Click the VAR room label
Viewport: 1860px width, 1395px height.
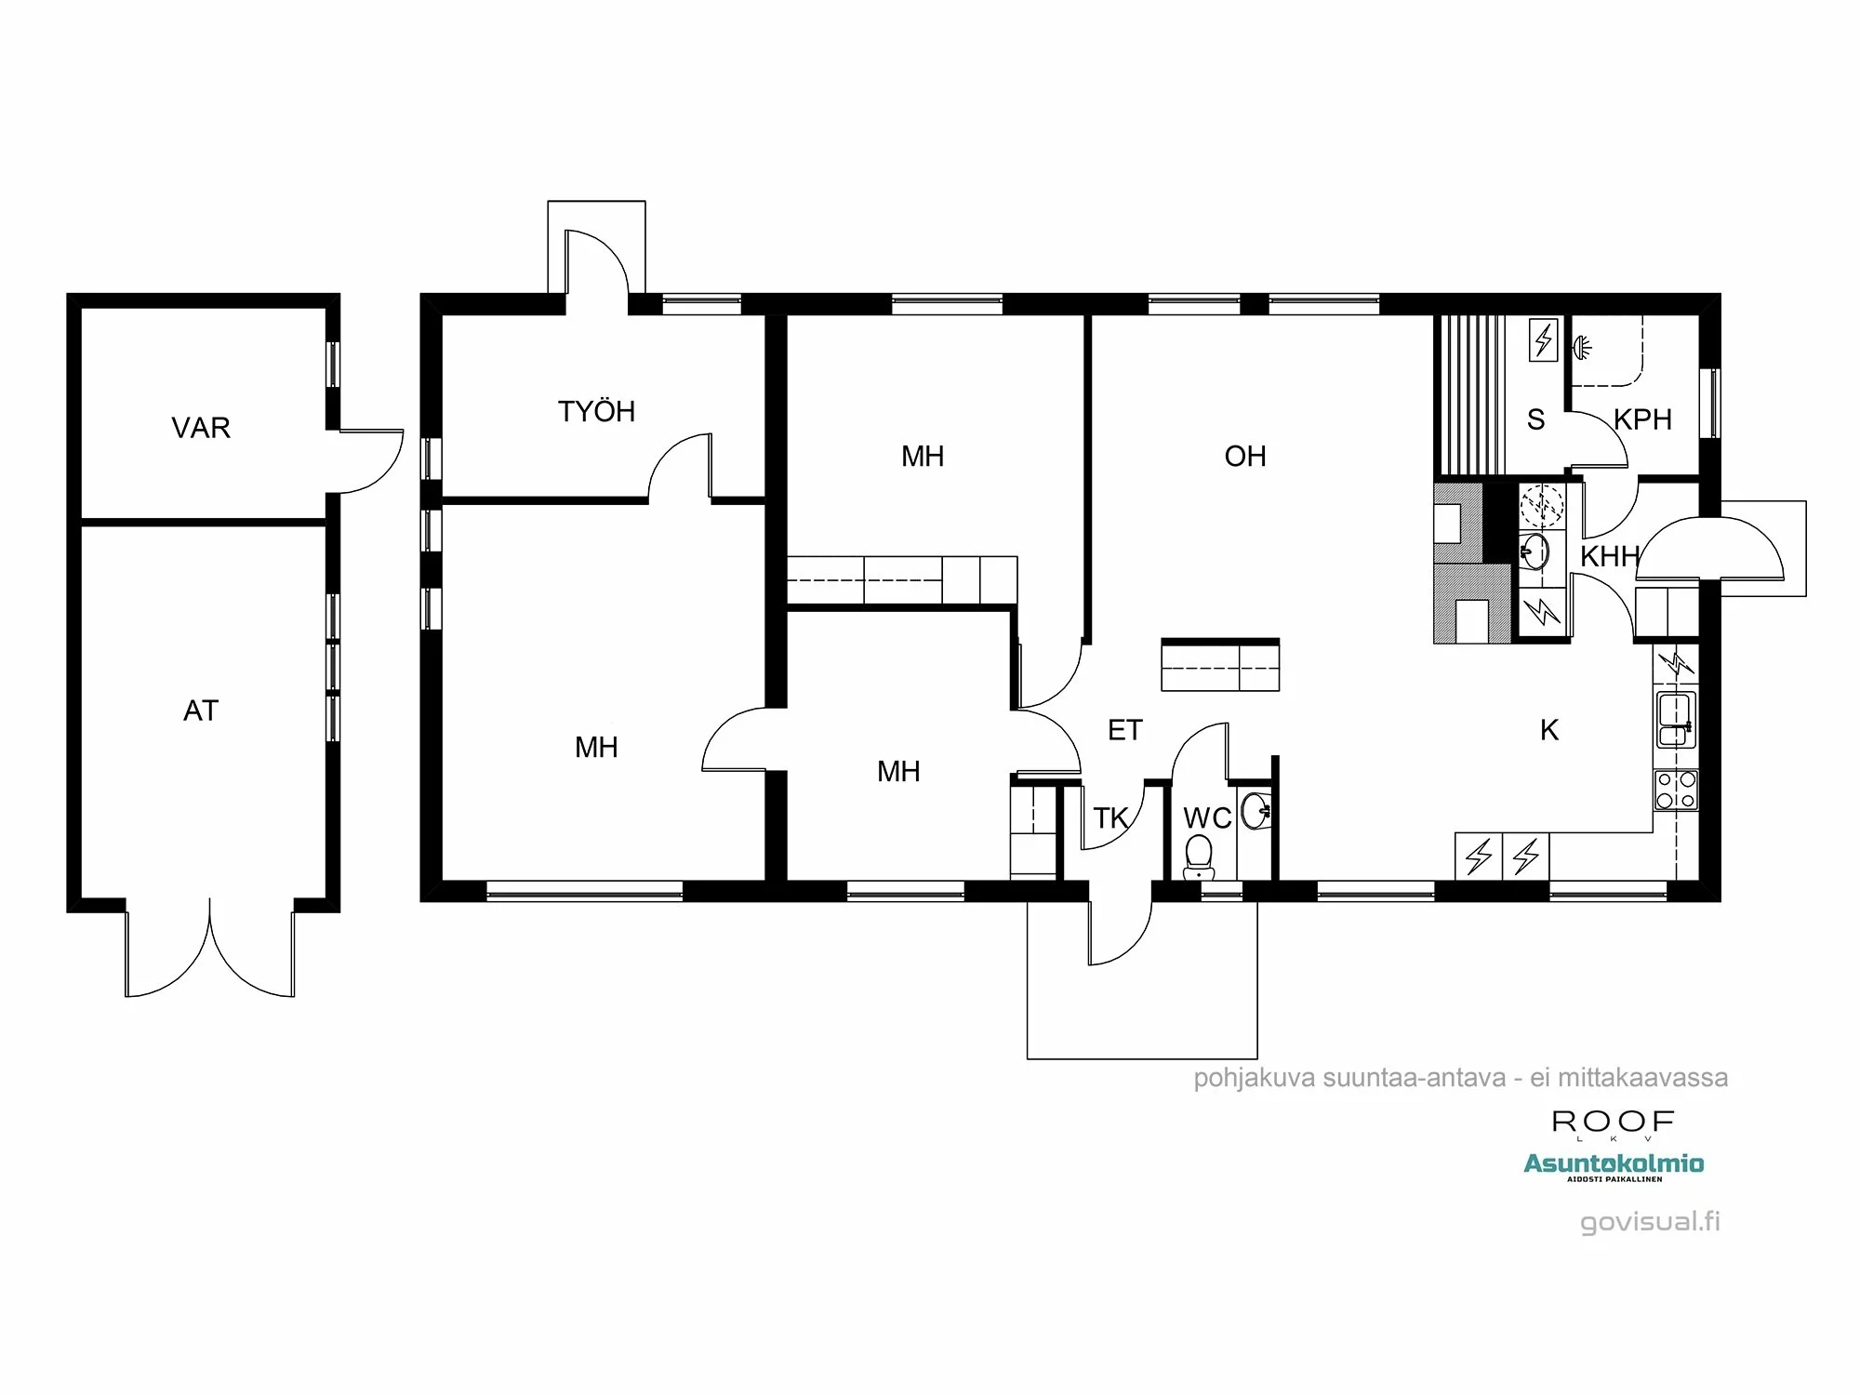point(201,428)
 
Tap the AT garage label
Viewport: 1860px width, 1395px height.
point(201,711)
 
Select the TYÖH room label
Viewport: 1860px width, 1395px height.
point(596,411)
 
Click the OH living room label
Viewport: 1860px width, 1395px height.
point(1245,456)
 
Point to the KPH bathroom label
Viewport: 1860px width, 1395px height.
point(1642,419)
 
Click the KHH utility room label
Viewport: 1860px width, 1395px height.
point(1609,556)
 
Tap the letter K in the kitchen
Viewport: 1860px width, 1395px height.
point(1549,730)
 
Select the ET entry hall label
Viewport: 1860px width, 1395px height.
point(1124,730)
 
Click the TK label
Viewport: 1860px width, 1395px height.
point(1110,818)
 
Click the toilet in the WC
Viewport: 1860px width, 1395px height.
point(1198,857)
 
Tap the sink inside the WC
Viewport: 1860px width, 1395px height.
point(1255,810)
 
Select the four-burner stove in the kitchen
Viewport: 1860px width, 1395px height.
point(1675,790)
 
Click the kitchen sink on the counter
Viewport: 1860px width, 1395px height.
point(1676,720)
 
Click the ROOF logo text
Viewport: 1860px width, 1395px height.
point(1613,1122)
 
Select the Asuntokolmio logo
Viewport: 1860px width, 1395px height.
point(1614,1163)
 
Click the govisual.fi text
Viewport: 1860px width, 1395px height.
point(1650,1221)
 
